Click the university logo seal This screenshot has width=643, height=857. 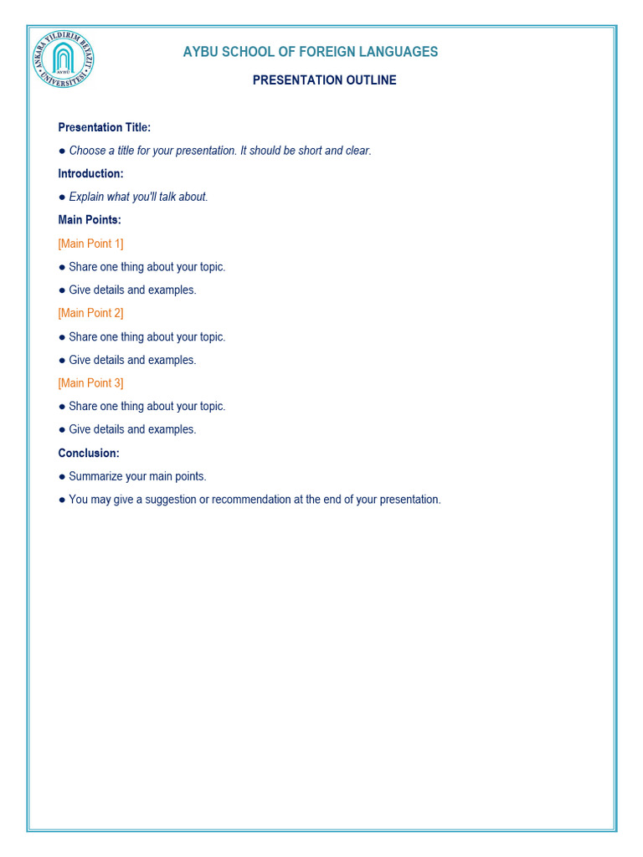(64, 59)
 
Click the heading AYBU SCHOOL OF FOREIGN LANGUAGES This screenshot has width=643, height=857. (311, 52)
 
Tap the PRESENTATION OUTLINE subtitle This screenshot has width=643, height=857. (325, 80)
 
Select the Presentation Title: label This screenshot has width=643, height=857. (105, 127)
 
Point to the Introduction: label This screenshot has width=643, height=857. (90, 173)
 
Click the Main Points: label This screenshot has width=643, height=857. (90, 220)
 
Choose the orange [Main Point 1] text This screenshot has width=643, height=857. (90, 244)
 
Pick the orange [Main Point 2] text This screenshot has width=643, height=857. (90, 313)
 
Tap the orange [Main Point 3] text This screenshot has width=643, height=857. (90, 382)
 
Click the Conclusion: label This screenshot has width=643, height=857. (89, 453)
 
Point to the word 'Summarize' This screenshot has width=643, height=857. (95, 476)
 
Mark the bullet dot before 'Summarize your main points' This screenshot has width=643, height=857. (62, 476)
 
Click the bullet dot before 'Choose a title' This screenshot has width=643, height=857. (62, 151)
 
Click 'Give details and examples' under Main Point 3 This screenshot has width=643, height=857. (132, 429)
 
